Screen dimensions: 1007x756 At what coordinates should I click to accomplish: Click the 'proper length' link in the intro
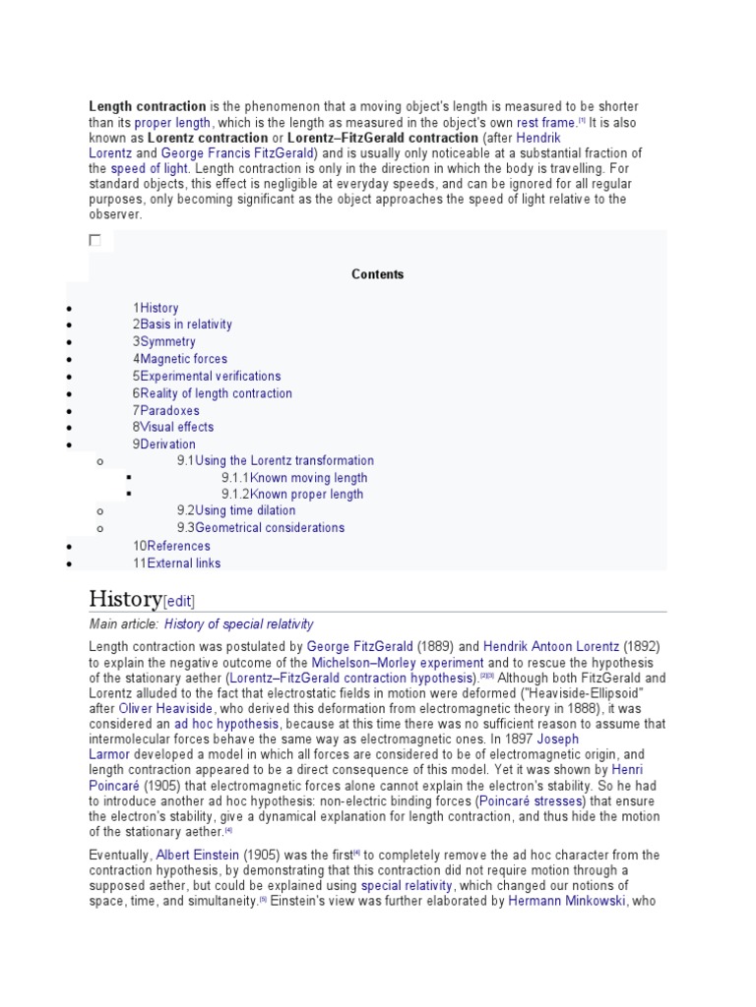[x=172, y=123]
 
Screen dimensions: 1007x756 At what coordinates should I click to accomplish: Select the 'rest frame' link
[x=545, y=123]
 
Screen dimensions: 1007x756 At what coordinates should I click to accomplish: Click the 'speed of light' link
[x=148, y=169]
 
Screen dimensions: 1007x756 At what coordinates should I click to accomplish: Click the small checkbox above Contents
[x=94, y=240]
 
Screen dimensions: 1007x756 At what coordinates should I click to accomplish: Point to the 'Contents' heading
[x=378, y=274]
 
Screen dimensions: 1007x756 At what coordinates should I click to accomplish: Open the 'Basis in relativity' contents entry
[x=186, y=325]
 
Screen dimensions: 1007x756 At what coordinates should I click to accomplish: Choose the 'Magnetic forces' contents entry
[x=183, y=359]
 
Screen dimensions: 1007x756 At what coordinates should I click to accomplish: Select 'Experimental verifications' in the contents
[x=210, y=376]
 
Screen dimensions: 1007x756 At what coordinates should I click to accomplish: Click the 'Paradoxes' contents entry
[x=169, y=410]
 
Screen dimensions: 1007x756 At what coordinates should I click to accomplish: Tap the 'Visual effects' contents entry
[x=176, y=427]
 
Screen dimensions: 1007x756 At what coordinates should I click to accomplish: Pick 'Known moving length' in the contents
[x=308, y=478]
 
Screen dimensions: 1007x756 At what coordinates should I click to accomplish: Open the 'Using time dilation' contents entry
[x=245, y=510]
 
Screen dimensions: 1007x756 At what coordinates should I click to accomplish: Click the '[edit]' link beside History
[x=179, y=602]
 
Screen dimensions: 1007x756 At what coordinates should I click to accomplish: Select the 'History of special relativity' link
[x=238, y=624]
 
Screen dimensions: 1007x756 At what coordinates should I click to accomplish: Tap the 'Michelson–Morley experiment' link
[x=397, y=664]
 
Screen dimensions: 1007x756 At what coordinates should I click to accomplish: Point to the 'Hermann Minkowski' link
[x=567, y=901]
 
